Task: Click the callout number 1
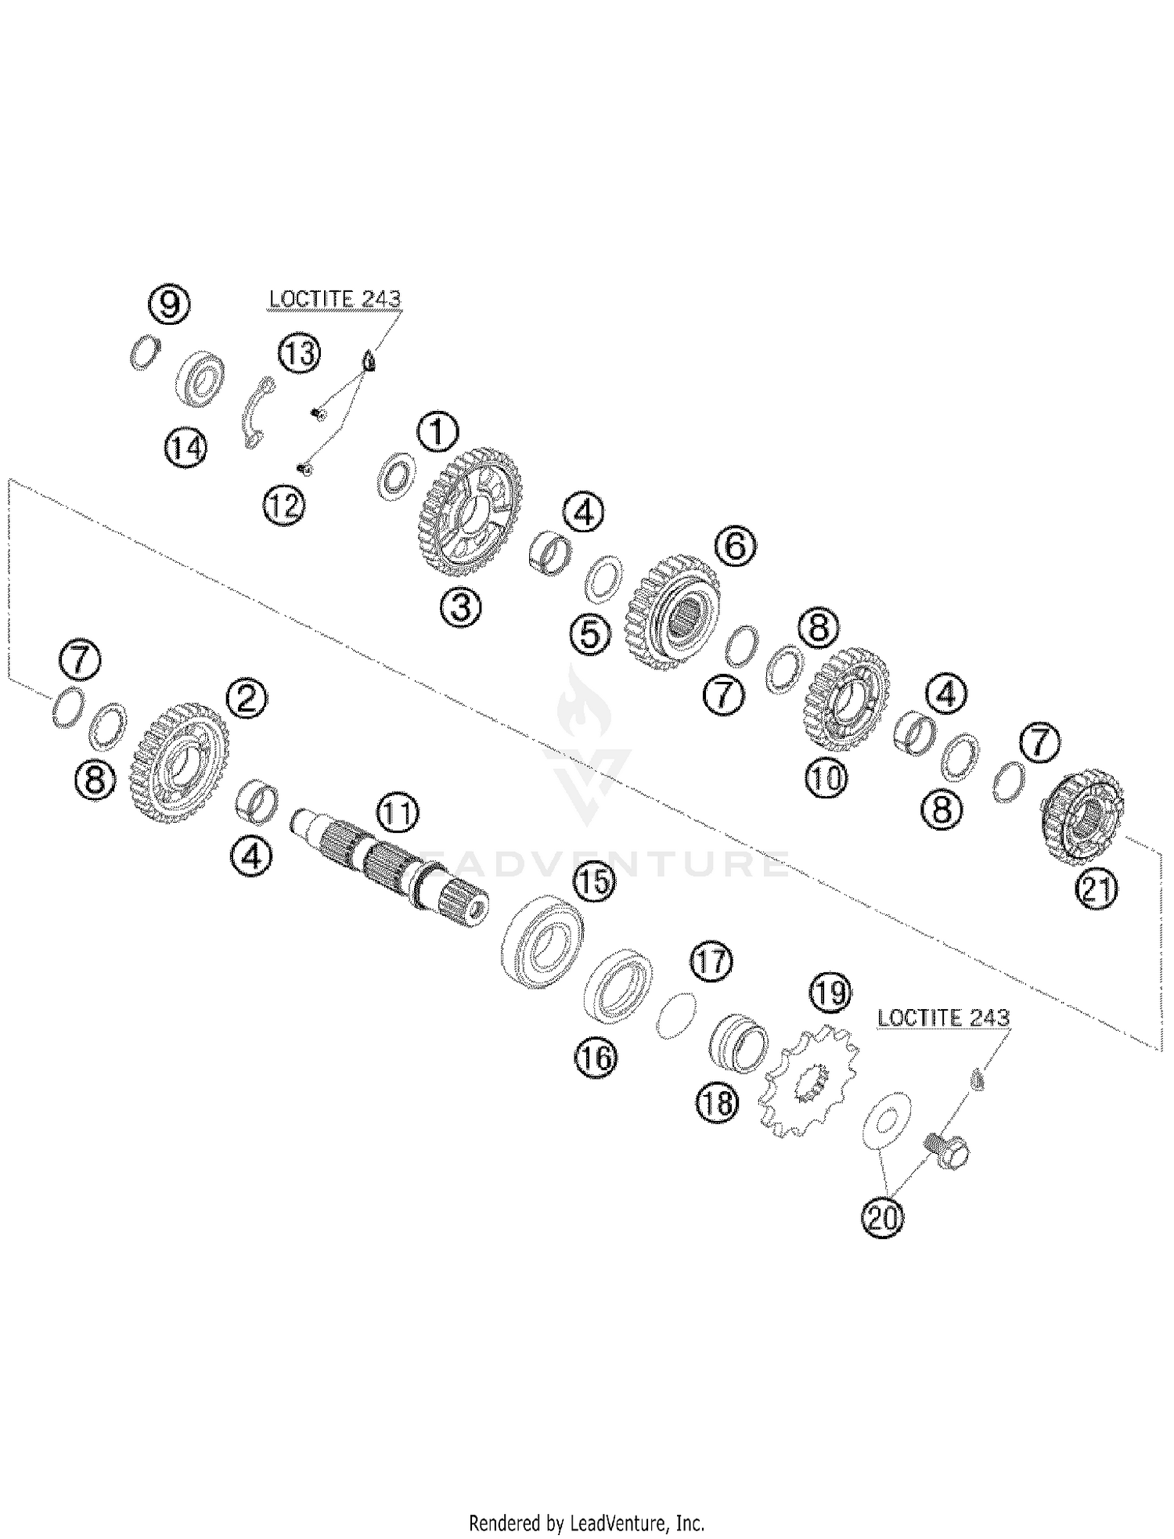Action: tap(438, 433)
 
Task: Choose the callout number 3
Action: tap(461, 606)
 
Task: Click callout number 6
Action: tap(736, 546)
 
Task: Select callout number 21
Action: tap(1096, 889)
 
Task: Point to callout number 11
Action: tap(398, 815)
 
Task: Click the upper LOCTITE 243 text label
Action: tap(335, 299)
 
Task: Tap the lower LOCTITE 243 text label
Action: tap(943, 1018)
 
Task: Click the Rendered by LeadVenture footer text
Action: tap(586, 1523)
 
